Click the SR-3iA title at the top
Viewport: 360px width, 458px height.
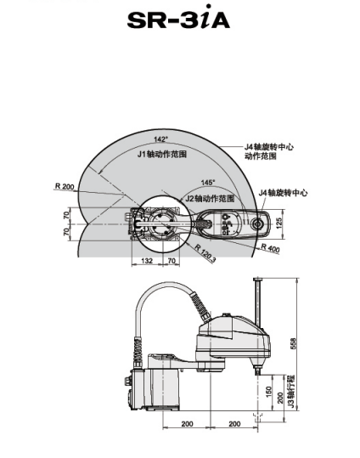(178, 18)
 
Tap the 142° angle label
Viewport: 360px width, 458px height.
(161, 139)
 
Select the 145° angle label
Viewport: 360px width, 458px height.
(208, 183)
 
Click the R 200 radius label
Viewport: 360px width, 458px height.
(65, 186)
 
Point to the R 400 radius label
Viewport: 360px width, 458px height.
(270, 248)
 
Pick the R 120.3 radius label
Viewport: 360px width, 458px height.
(205, 254)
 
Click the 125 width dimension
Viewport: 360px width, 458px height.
(279, 223)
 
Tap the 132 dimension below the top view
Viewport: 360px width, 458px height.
(147, 261)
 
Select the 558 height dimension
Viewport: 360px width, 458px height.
(293, 343)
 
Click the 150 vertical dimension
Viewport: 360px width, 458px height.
(268, 392)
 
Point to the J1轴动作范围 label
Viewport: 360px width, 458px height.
(162, 154)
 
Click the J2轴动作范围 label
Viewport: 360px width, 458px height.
(210, 198)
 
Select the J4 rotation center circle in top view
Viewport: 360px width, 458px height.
(258, 223)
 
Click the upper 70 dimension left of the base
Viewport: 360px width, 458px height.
(66, 216)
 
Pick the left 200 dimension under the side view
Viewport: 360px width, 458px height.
(187, 423)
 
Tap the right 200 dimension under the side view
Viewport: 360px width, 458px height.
(234, 423)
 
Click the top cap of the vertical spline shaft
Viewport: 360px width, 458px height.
(257, 279)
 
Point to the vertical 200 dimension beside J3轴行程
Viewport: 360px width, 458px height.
(280, 398)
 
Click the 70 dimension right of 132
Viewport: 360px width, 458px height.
(172, 261)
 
